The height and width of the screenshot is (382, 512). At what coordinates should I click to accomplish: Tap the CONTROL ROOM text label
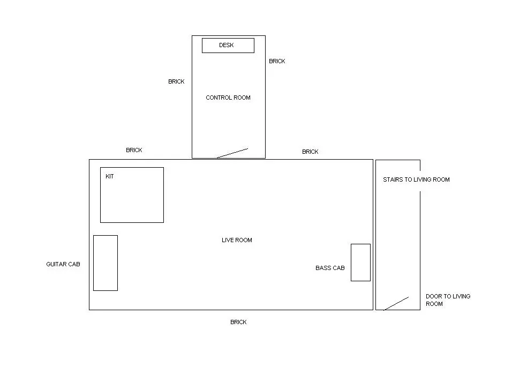(x=228, y=98)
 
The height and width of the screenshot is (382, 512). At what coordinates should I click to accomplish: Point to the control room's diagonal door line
(x=232, y=153)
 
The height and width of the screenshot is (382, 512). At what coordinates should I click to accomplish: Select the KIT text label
(x=109, y=176)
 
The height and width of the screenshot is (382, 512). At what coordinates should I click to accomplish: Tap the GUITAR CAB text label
(x=63, y=264)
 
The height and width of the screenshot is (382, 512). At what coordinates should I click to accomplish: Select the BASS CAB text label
(x=330, y=268)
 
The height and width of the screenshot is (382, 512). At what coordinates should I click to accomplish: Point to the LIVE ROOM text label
(x=237, y=240)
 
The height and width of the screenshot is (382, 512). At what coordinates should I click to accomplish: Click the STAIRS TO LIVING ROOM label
(x=416, y=179)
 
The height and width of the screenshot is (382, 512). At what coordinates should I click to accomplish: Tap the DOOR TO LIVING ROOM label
(x=448, y=300)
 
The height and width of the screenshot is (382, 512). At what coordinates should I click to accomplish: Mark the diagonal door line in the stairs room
(x=396, y=304)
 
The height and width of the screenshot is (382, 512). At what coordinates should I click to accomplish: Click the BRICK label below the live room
(x=238, y=322)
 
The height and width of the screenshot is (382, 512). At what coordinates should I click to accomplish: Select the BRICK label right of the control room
(x=277, y=61)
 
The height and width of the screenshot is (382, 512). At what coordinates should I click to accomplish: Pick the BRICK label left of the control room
(x=176, y=81)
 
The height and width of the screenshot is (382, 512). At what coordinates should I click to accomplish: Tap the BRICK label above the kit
(x=134, y=150)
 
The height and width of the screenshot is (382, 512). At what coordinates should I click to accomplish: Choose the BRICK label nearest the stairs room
(x=310, y=152)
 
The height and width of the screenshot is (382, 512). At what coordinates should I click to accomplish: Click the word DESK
(x=227, y=45)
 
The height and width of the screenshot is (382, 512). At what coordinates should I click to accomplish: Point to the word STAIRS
(x=393, y=179)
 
